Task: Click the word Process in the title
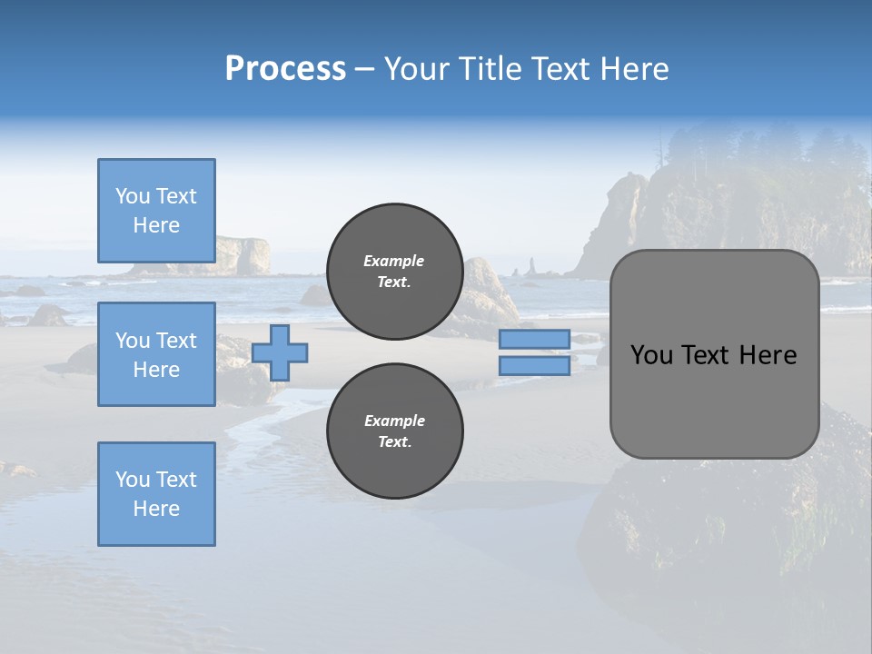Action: tap(285, 69)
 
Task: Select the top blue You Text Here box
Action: tap(156, 211)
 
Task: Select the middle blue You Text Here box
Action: tap(156, 354)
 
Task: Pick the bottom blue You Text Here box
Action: tap(156, 493)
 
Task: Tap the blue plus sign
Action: tap(280, 352)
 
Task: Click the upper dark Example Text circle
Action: tap(394, 272)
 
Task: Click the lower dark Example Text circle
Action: tap(394, 431)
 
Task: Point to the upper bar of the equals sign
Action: tap(534, 339)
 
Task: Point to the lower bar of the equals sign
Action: tap(534, 366)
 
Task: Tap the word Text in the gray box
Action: tap(707, 355)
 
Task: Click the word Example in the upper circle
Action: tap(393, 261)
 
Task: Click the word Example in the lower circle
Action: tap(393, 421)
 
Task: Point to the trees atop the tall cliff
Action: tap(772, 150)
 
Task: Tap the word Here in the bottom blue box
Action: tap(156, 509)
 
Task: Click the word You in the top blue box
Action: tap(133, 196)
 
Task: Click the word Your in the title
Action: tap(421, 69)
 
